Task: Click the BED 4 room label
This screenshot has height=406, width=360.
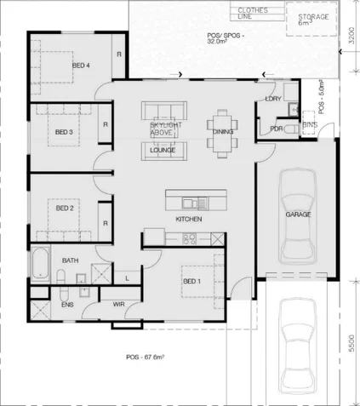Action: [x=81, y=66]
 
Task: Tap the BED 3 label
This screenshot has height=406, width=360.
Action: [x=64, y=132]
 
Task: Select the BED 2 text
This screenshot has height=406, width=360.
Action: [x=65, y=208]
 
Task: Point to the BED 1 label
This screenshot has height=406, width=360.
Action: [x=192, y=281]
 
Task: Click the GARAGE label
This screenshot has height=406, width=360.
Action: [x=298, y=214]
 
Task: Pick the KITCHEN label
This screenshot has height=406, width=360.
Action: [x=188, y=220]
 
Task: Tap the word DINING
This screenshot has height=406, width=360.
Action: [x=223, y=132]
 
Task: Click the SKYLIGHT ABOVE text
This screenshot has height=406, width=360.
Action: [x=163, y=129]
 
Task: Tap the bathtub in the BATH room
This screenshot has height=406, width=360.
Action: [x=39, y=265]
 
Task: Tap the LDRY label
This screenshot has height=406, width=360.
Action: [x=272, y=100]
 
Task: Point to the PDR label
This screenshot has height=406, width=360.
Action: [x=276, y=129]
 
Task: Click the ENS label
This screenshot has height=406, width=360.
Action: [x=66, y=303]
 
